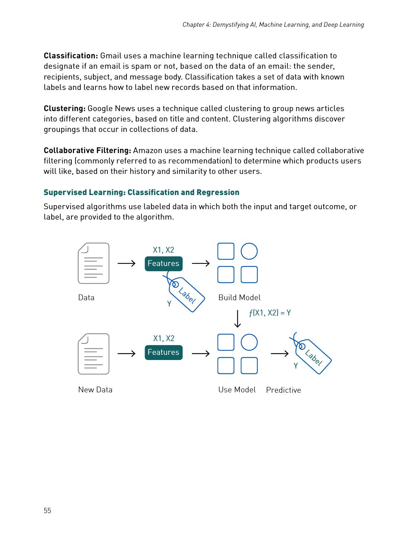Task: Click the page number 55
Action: [47, 510]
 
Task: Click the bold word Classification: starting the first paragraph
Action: [71, 56]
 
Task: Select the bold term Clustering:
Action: [65, 108]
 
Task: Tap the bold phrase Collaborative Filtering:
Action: [87, 150]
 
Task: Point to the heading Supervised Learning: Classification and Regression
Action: [141, 192]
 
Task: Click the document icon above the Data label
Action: [94, 263]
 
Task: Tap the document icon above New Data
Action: [94, 354]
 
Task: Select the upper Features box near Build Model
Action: [164, 264]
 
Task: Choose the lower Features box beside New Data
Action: [164, 352]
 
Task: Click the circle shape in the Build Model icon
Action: [249, 252]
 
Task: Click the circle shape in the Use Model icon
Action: [249, 342]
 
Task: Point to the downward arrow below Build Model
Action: [238, 319]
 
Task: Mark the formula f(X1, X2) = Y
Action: [270, 313]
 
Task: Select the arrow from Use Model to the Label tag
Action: [280, 353]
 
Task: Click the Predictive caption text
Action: [283, 390]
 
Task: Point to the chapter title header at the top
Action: [273, 25]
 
